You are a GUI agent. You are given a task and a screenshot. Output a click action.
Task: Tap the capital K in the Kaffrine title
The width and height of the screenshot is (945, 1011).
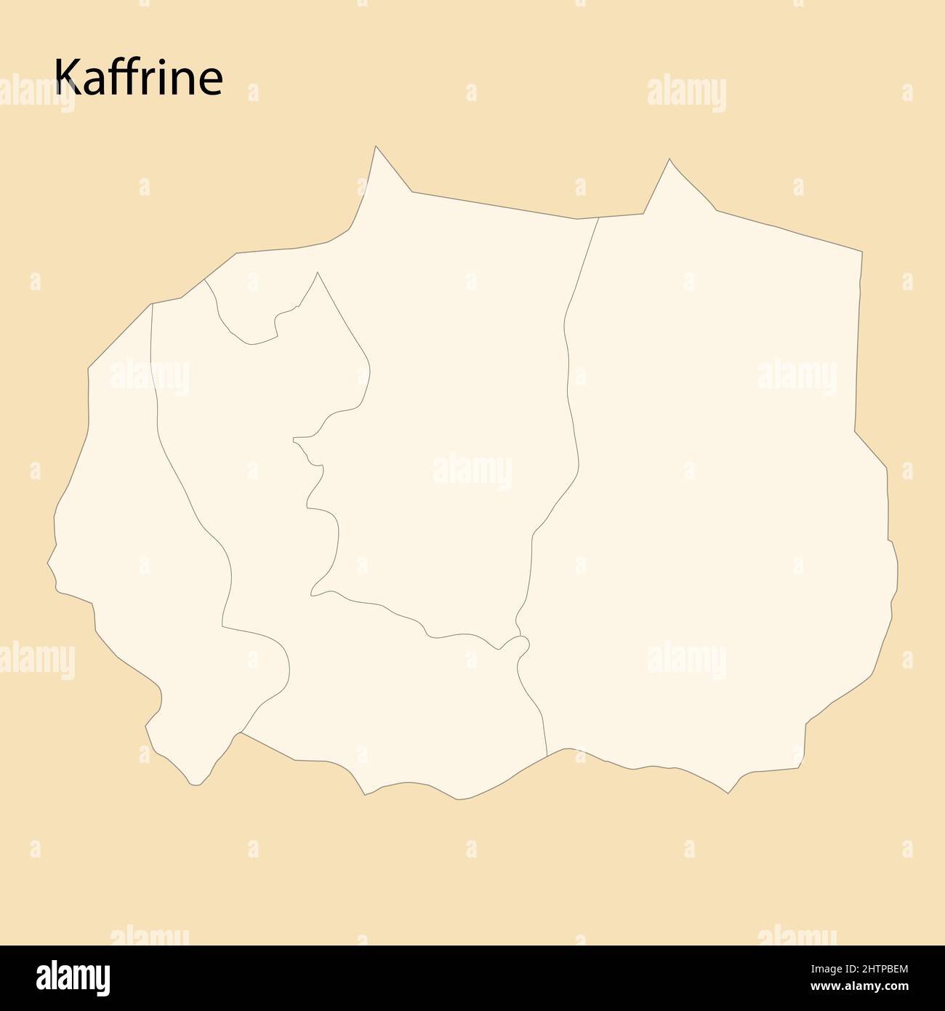pyautogui.click(x=67, y=77)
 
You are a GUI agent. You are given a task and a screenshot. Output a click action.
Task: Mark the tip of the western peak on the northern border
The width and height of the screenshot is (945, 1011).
pyautogui.click(x=376, y=147)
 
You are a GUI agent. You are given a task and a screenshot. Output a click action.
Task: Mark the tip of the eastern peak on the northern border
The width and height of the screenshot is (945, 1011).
pyautogui.click(x=669, y=160)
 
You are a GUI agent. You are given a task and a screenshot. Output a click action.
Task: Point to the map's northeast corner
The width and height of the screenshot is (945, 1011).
pyautogui.click(x=862, y=252)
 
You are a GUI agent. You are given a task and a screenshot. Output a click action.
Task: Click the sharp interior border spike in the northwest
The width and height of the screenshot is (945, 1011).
pyautogui.click(x=317, y=273)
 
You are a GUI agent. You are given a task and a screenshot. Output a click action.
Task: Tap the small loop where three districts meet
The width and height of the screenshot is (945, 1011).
pyautogui.click(x=520, y=643)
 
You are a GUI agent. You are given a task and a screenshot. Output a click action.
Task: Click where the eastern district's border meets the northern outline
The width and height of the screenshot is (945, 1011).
pyautogui.click(x=599, y=217)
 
